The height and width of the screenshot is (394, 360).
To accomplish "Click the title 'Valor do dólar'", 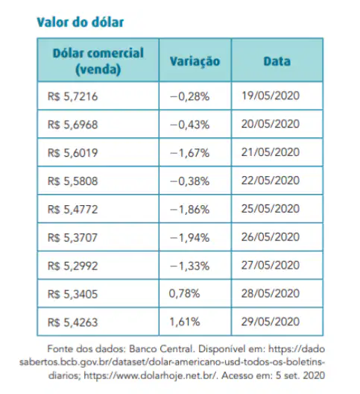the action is pyautogui.click(x=80, y=22).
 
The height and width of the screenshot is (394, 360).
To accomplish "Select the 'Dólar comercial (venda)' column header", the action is pyautogui.click(x=98, y=60).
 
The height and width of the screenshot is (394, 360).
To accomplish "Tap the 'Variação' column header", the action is pyautogui.click(x=195, y=61).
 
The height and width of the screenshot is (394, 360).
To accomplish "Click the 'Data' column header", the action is pyautogui.click(x=277, y=61).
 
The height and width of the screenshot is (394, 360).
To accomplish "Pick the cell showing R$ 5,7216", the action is pyautogui.click(x=72, y=96).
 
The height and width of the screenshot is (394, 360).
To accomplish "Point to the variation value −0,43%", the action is pyautogui.click(x=189, y=125).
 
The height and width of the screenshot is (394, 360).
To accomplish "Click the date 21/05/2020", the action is pyautogui.click(x=271, y=152).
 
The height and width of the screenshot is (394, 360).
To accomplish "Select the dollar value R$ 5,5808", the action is pyautogui.click(x=72, y=181).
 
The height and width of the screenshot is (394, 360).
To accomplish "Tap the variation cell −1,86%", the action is pyautogui.click(x=189, y=209).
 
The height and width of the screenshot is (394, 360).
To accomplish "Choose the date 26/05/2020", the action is pyautogui.click(x=271, y=237).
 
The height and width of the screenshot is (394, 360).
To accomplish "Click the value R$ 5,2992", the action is pyautogui.click(x=72, y=266).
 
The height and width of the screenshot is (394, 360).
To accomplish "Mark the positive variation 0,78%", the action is pyautogui.click(x=185, y=293).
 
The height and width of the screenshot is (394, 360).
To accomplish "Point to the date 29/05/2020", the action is pyautogui.click(x=271, y=322).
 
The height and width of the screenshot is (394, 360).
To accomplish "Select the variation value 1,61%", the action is pyautogui.click(x=185, y=322).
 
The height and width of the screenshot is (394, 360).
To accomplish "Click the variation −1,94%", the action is pyautogui.click(x=189, y=237).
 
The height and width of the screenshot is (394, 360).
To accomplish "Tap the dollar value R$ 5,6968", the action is pyautogui.click(x=72, y=125).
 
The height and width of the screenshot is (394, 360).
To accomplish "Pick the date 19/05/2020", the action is pyautogui.click(x=271, y=96).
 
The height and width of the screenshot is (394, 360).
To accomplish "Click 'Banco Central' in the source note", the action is pyautogui.click(x=162, y=349).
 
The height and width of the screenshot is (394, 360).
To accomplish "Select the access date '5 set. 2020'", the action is pyautogui.click(x=300, y=375).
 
